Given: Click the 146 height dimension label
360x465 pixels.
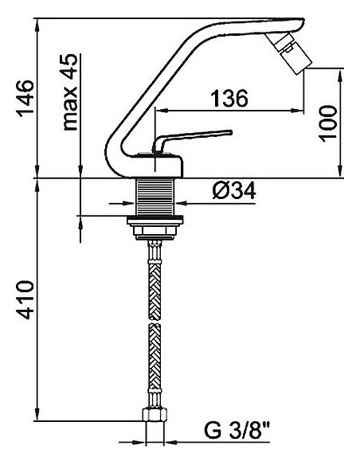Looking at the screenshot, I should pos(26,98).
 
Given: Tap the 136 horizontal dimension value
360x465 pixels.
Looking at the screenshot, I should pos(229,99).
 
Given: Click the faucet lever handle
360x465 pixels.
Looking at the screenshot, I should pos(195,138).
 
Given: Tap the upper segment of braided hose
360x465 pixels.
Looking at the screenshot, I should pos(156,279).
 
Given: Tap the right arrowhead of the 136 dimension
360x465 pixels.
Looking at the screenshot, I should pos(303,110).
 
